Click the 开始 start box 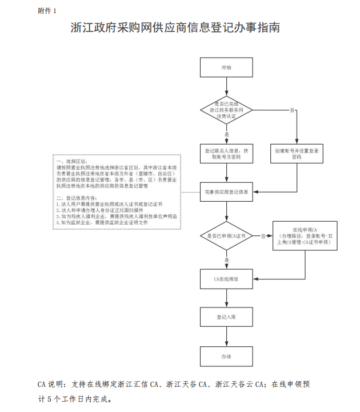226,67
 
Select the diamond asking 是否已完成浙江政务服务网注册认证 226,110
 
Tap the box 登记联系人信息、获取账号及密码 226,153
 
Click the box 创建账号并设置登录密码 296,153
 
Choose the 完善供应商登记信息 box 226,191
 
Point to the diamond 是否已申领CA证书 226,235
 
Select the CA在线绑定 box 226,279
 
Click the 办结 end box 226,356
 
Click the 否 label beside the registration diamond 292,110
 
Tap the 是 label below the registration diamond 227,134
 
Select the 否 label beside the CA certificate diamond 263,235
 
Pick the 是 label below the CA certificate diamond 227,260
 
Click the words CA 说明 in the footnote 50,383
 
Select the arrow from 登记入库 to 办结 226,337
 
